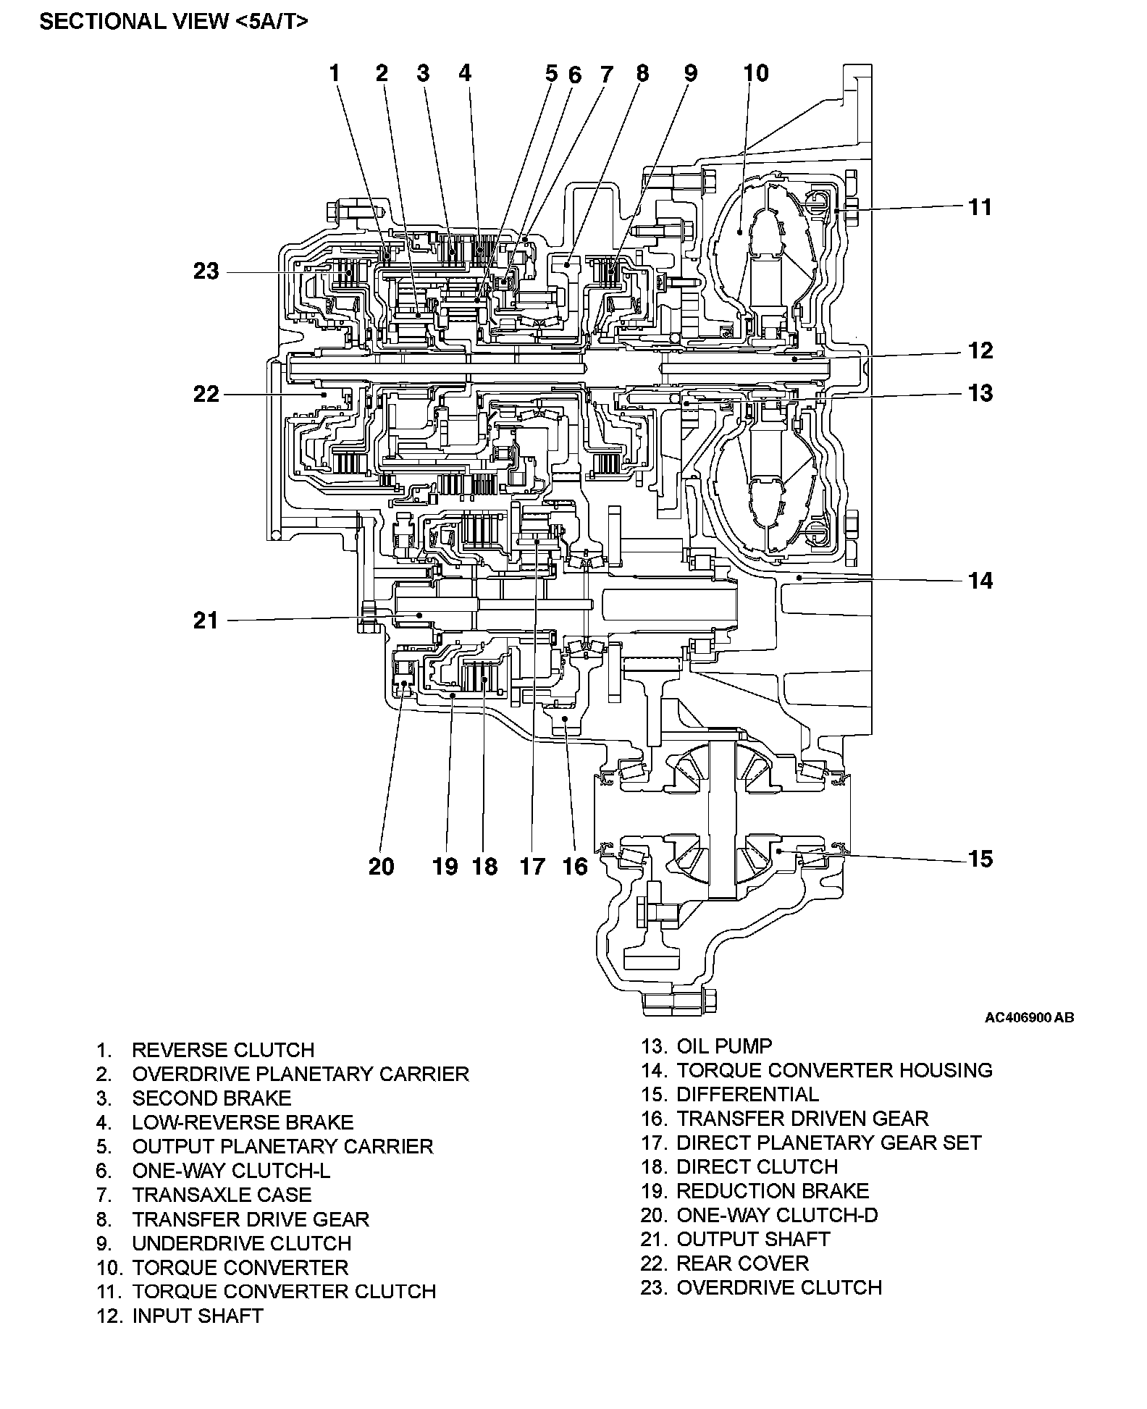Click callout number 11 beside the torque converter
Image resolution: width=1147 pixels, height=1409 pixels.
(980, 207)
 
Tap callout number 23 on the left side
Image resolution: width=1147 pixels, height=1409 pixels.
(206, 272)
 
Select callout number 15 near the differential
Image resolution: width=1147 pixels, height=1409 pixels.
(980, 859)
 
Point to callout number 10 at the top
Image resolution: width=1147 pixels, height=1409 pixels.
(755, 73)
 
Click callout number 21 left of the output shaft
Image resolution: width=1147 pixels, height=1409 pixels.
(206, 621)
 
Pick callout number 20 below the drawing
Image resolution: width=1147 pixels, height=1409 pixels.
(382, 867)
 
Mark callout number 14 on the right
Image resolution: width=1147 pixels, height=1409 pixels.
(980, 581)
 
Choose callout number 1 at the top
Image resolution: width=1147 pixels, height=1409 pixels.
(335, 73)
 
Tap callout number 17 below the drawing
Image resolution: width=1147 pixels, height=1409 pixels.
(532, 867)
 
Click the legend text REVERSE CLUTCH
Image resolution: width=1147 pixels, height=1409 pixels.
(222, 1050)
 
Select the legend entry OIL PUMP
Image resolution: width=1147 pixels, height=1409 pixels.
(724, 1046)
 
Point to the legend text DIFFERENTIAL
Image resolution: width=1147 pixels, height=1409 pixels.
(747, 1094)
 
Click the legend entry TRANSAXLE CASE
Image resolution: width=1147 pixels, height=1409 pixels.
(222, 1195)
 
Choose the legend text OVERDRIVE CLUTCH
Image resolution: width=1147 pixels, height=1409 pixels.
(779, 1287)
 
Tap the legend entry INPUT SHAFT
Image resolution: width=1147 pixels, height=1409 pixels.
(197, 1316)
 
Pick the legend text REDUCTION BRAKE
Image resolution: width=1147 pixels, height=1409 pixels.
(773, 1190)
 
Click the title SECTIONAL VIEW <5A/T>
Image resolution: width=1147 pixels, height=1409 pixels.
(174, 22)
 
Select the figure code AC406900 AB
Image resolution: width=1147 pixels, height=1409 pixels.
(1029, 1017)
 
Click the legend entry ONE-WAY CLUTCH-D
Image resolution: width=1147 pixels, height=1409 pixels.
(777, 1215)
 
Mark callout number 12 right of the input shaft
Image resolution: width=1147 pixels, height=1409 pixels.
(980, 350)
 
